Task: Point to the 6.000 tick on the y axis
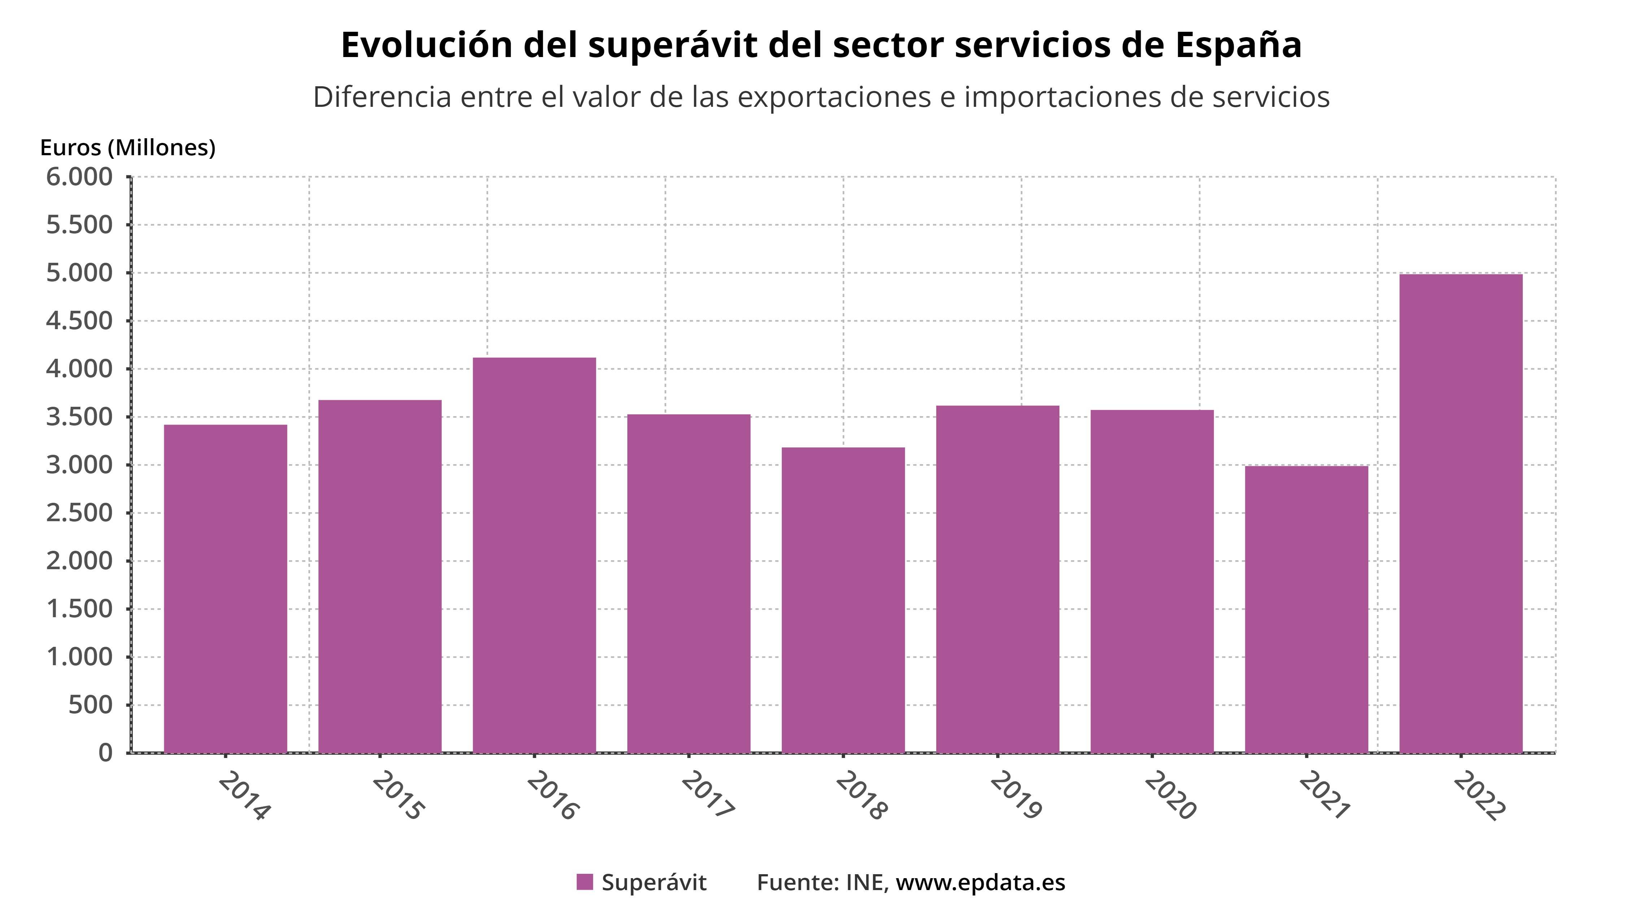(x=79, y=176)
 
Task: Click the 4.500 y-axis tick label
(x=79, y=321)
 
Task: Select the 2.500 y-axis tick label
(x=79, y=513)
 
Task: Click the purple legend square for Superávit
(x=584, y=882)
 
